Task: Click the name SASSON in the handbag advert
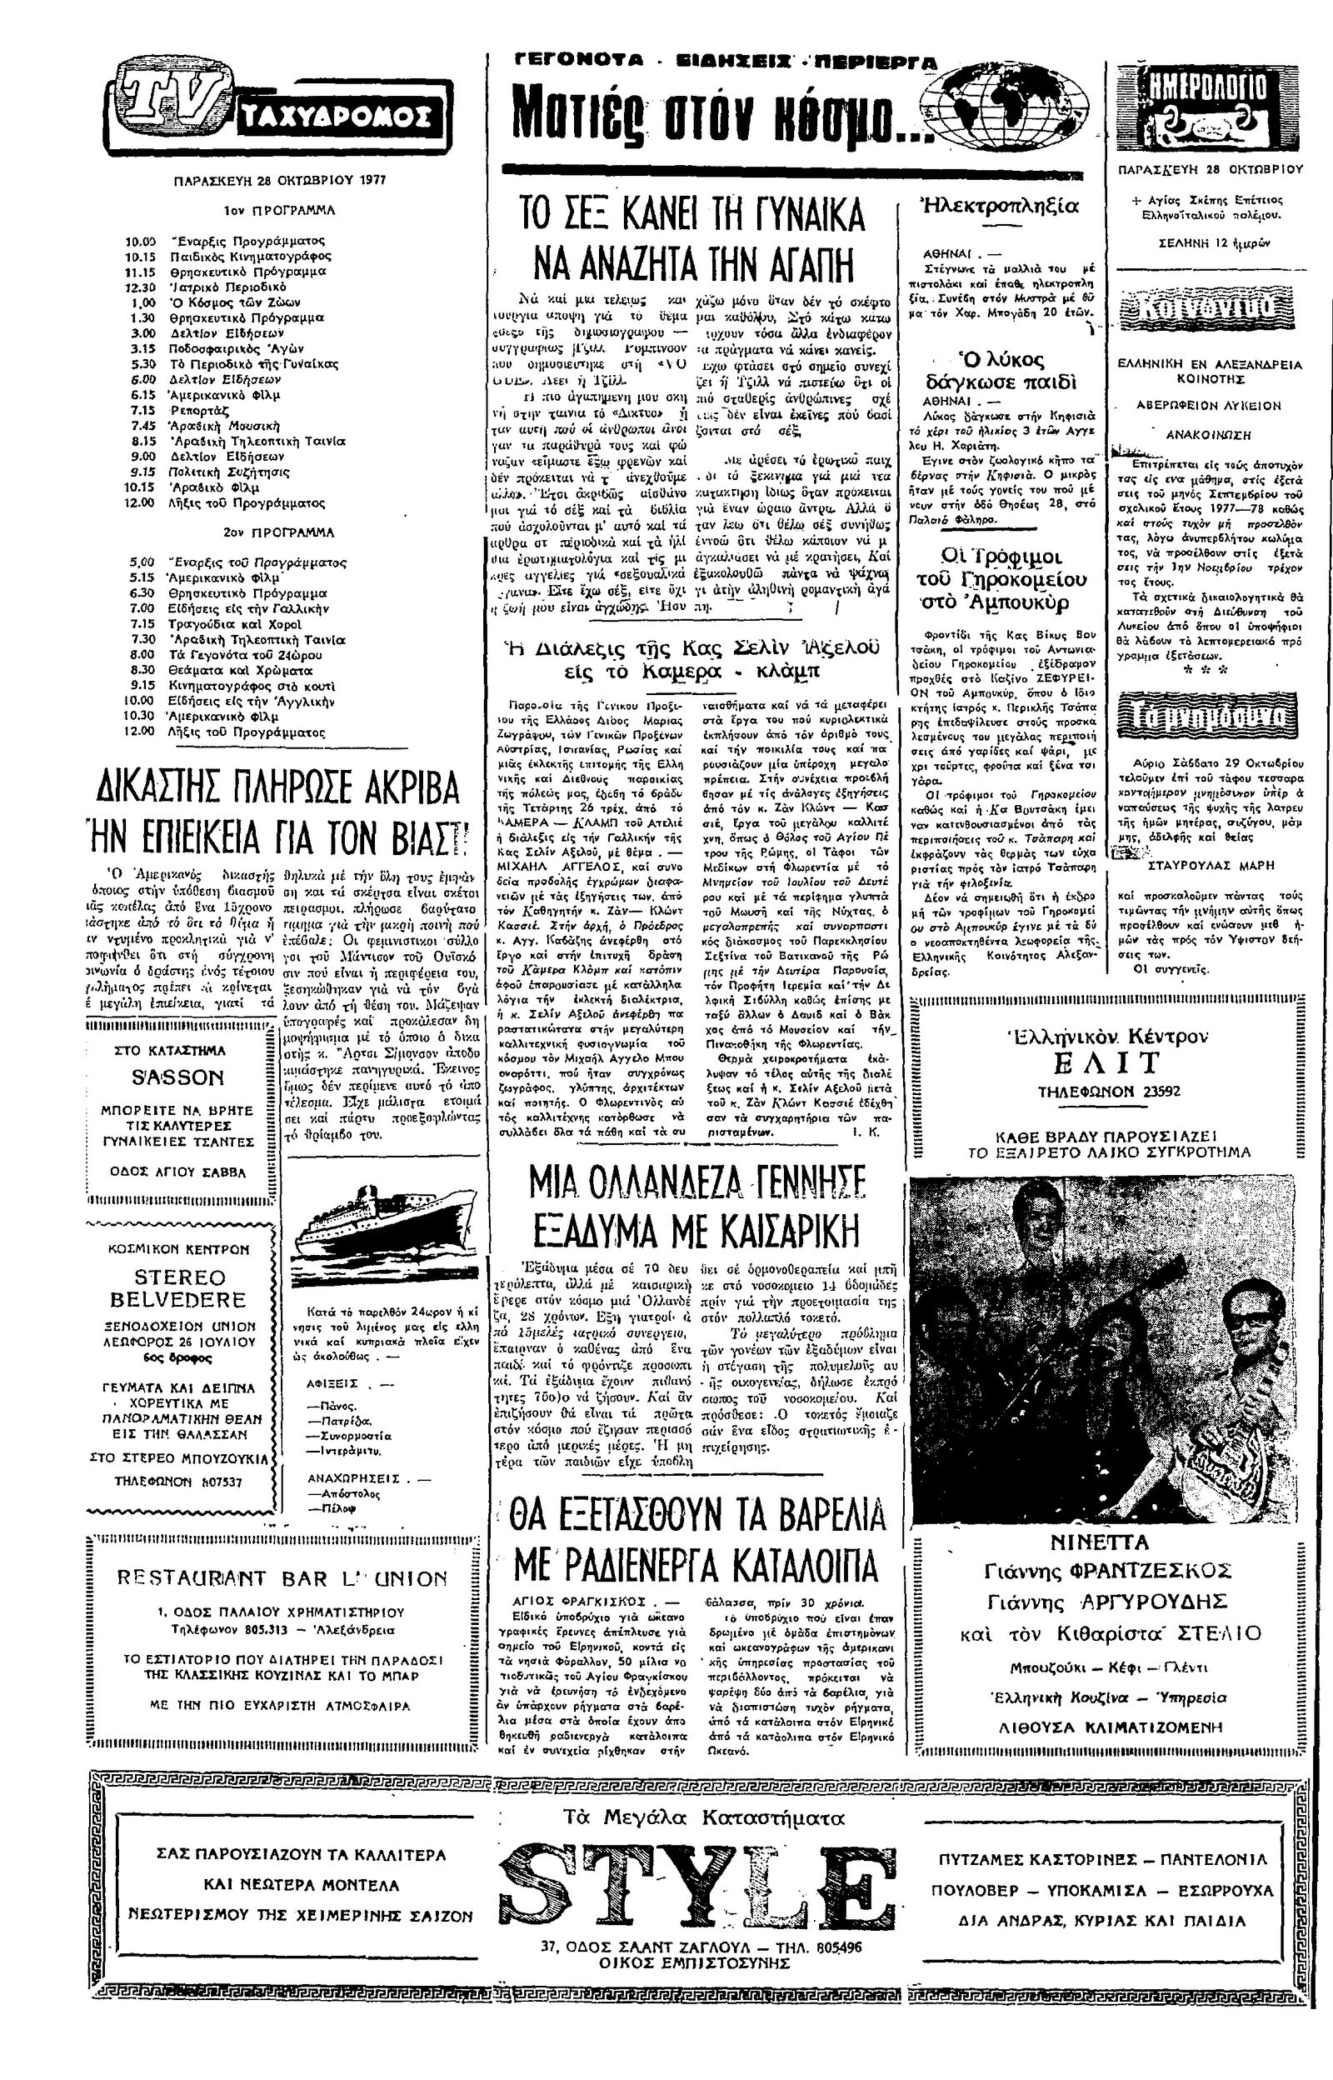coord(177,1077)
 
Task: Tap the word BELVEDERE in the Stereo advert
coord(177,1299)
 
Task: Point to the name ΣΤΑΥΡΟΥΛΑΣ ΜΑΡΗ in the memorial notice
coord(1209,864)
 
